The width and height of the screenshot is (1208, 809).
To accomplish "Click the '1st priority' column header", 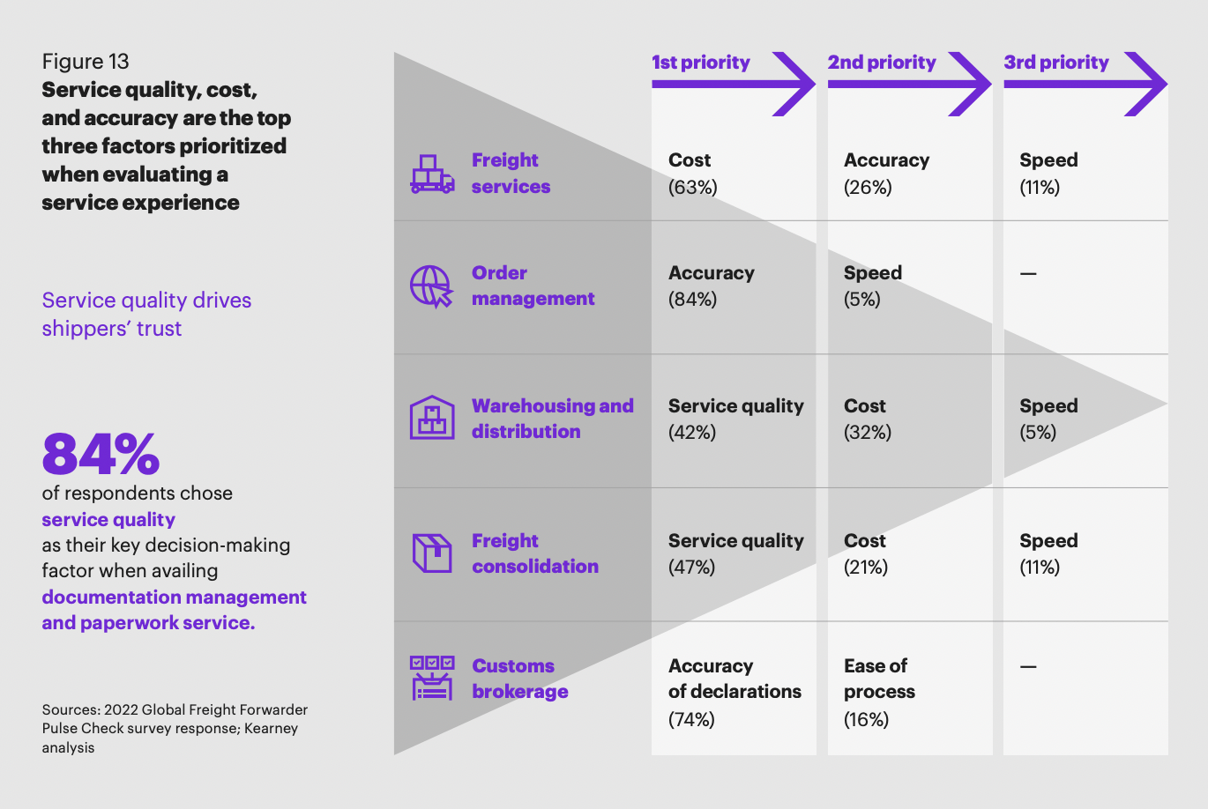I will tap(701, 63).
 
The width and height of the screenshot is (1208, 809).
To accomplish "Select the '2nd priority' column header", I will tap(881, 63).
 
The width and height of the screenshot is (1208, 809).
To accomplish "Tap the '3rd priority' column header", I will tap(1055, 63).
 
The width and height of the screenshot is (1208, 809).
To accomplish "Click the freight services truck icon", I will tap(432, 174).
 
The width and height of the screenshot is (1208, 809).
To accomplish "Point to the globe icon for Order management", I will tap(431, 286).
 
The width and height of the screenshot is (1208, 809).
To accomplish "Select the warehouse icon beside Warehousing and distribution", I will tap(432, 418).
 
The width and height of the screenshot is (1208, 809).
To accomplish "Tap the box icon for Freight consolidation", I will tap(432, 553).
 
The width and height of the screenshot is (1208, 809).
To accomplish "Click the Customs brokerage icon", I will tap(432, 678).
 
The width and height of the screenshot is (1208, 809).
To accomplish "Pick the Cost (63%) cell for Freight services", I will tap(693, 174).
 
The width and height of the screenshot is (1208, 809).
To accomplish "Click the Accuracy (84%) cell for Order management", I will tap(711, 286).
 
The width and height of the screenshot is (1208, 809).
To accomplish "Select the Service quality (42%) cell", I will tap(735, 419).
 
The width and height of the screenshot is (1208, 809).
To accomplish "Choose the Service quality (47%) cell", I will tap(735, 553).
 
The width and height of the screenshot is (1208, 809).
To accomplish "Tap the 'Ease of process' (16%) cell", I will tap(879, 692).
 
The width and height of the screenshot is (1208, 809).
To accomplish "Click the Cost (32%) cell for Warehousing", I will tap(868, 419).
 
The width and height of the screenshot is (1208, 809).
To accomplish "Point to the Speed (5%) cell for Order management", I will tap(872, 286).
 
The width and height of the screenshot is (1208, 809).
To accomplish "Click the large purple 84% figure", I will tap(101, 454).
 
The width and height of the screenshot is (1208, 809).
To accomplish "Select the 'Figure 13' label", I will tap(86, 62).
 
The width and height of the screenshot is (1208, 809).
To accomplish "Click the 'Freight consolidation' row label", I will tap(534, 553).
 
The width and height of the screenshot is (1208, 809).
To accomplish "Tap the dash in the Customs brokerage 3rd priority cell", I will tap(1028, 667).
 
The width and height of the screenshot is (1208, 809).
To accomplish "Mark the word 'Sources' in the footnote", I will tap(70, 710).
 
